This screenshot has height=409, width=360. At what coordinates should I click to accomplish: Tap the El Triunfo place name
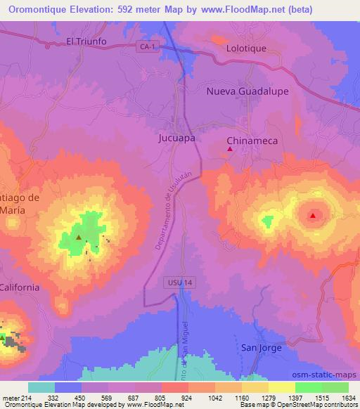[86, 41]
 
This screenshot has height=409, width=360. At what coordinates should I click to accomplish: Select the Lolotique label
[247, 49]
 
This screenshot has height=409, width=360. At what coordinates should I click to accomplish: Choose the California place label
[20, 287]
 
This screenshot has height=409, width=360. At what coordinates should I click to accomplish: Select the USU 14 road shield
[179, 282]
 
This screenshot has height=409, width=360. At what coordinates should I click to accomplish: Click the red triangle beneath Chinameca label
[230, 148]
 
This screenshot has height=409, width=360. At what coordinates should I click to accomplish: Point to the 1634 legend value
[348, 398]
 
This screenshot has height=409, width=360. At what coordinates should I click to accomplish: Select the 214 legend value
[30, 398]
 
